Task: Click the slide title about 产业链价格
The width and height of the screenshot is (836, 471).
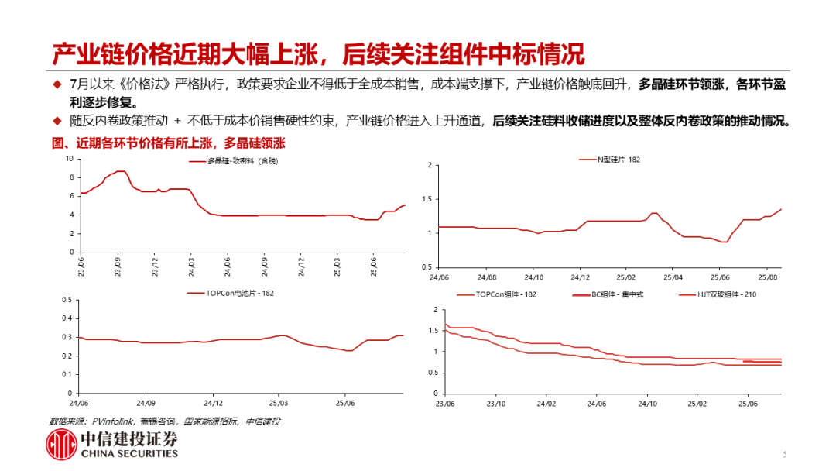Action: pyautogui.click(x=317, y=53)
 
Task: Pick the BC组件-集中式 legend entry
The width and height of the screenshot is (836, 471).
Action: pyautogui.click(x=615, y=294)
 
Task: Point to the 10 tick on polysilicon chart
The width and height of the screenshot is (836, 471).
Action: pyautogui.click(x=68, y=158)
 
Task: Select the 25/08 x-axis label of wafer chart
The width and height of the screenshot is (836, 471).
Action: pyautogui.click(x=767, y=277)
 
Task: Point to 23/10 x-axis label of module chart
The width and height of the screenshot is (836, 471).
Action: pyautogui.click(x=495, y=404)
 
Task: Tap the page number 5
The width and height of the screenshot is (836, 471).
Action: pyautogui.click(x=784, y=455)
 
